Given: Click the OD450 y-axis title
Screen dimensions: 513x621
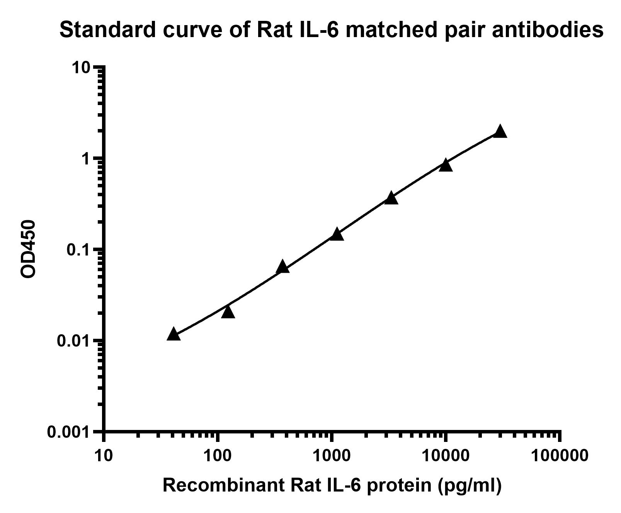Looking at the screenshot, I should [28, 249].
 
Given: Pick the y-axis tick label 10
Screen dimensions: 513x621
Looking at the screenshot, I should [80, 68].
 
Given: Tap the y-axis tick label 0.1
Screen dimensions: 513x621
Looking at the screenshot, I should [78, 250].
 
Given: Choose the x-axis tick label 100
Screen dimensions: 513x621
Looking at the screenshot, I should [218, 455].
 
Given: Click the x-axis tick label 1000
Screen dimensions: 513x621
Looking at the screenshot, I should [332, 455].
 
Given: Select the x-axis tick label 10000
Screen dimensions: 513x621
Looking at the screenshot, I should [446, 455].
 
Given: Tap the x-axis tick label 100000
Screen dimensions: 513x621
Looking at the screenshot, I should [560, 455].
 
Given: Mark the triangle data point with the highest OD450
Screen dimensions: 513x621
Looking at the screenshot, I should [500, 131].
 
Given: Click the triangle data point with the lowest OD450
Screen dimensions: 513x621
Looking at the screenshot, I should [174, 334].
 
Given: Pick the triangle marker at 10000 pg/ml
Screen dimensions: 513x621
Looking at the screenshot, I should [446, 165].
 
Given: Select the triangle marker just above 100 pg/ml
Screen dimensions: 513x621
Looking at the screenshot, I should [228, 312].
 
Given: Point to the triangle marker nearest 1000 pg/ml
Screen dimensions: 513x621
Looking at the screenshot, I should [337, 234].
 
